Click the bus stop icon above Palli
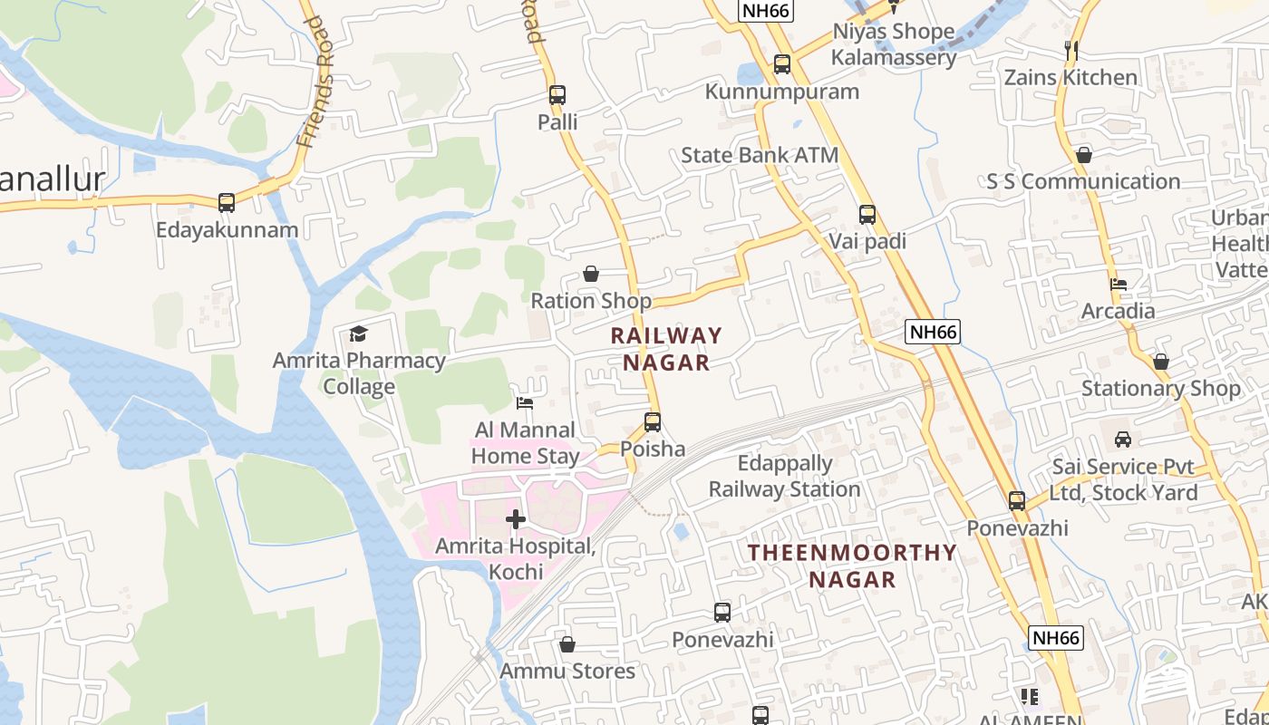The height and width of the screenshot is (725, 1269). coord(557,94)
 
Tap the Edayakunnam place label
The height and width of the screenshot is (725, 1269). coord(227,229)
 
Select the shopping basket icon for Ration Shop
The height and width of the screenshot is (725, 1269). coord(591,274)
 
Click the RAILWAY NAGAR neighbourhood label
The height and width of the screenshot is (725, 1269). coord(666,349)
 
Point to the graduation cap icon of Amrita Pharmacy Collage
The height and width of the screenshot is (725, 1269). coord(359,333)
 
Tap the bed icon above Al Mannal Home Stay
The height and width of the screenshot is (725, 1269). coord(525,402)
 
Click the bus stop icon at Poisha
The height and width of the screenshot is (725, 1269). coord(653,421)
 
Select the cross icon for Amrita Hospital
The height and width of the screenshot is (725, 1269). coord(516,519)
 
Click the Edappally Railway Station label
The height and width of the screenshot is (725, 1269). coord(784,477)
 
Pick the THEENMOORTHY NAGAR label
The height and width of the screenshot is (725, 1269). coord(852,565)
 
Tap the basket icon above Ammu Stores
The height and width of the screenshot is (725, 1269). coord(567,644)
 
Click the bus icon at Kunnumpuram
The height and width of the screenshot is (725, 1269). coord(782,64)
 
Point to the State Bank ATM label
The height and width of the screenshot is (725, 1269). coord(760,155)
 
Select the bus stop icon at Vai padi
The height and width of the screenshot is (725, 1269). coord(867,215)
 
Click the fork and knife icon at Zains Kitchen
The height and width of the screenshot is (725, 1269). coord(1070,51)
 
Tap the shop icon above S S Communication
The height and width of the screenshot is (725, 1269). coord(1083,155)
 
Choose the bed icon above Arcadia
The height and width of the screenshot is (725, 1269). coord(1119,285)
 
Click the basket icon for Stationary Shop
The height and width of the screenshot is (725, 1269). coord(1160,362)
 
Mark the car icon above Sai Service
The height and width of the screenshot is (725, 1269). coord(1123,440)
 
